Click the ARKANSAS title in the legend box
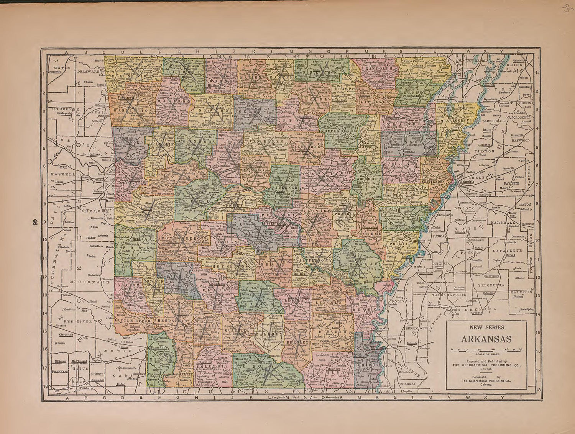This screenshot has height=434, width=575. (x=486, y=339)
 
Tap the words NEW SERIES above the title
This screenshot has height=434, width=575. (x=487, y=327)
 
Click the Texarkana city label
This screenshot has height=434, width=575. (x=157, y=347)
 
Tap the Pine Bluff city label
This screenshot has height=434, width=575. (x=301, y=274)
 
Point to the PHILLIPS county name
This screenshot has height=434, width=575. (x=402, y=243)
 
